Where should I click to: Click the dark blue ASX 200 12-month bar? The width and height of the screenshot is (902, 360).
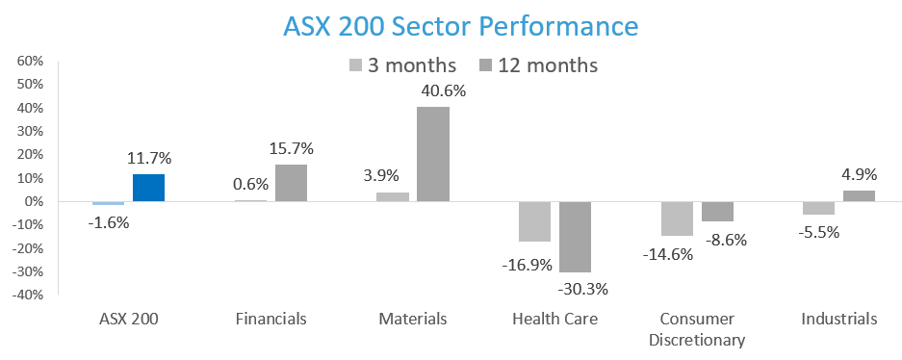pos(148,188)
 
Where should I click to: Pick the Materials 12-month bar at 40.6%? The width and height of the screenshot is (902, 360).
pos(433,154)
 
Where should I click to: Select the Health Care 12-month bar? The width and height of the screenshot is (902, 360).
pos(575,237)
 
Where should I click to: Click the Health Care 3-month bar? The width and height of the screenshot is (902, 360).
pos(534,221)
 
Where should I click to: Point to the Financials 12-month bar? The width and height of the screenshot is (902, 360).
pos(291,183)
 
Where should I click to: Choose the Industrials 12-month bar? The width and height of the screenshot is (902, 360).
pos(860,195)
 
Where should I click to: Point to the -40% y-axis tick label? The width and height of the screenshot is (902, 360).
pos(28,296)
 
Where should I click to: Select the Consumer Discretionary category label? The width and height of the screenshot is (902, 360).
pos(698,328)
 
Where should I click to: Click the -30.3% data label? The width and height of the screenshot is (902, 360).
pos(575,289)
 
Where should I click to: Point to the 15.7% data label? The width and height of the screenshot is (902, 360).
pos(291,148)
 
